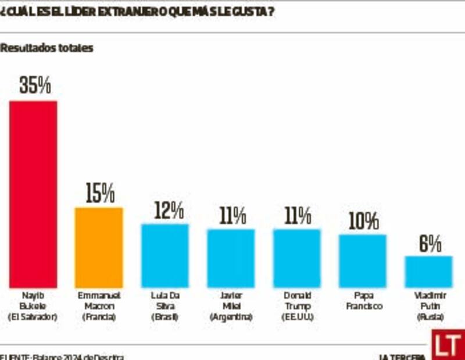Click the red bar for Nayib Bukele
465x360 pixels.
[33, 194]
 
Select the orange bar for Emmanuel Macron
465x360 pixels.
[99, 247]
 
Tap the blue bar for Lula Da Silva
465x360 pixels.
[165, 255]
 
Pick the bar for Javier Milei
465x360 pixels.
[231, 258]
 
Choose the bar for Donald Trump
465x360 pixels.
[296, 258]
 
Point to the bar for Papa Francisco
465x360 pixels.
[363, 261]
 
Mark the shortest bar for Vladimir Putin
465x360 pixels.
[428, 272]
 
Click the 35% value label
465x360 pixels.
[35, 85]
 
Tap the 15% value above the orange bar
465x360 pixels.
[100, 193]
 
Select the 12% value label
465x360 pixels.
[169, 210]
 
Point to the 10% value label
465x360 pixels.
[364, 221]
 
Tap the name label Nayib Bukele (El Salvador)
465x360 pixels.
[34, 306]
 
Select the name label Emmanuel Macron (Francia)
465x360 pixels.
[99, 306]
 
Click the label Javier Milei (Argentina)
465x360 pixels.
[231, 306]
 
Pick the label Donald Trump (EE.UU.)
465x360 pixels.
[296, 306]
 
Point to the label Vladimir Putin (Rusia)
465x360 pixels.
[428, 306]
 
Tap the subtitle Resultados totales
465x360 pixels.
[46, 49]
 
